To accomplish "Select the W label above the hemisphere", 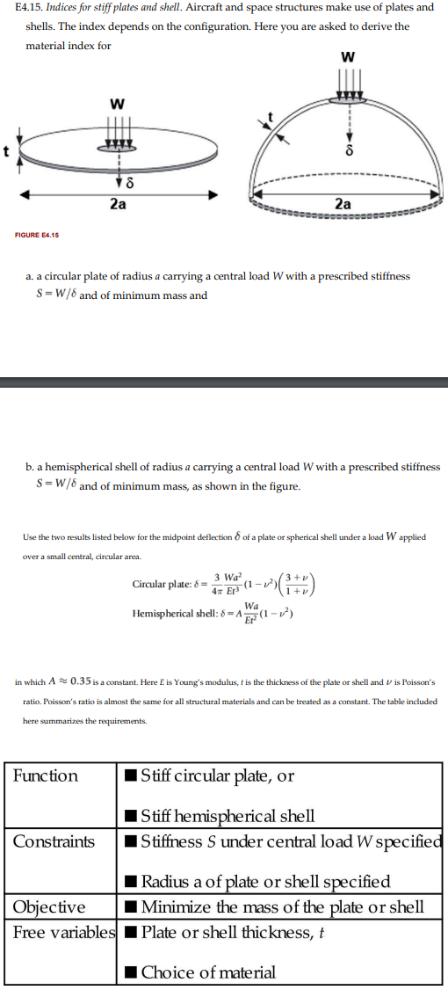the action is click(x=350, y=57).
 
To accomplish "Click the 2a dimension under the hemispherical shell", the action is click(x=343, y=203).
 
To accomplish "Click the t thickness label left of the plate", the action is click(x=7, y=150).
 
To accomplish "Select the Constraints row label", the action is click(x=54, y=841).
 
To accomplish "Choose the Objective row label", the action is click(x=49, y=906).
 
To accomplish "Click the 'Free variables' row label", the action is click(x=64, y=931).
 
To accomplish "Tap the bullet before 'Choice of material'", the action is click(x=130, y=972).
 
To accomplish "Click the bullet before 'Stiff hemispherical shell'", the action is click(x=130, y=817).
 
